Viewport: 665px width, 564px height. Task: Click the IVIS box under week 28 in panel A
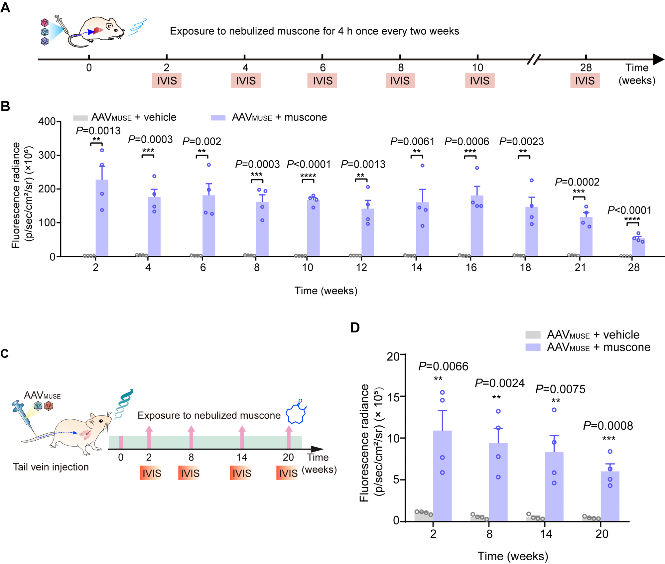pos(585,81)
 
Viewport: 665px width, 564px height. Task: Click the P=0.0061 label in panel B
pos(412,142)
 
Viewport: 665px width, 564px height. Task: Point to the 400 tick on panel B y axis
pos(47,121)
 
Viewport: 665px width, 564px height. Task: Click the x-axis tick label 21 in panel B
pos(580,267)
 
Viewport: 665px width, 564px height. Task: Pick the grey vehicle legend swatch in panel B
pos(80,118)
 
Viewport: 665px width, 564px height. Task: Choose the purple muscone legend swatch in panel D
pos(532,347)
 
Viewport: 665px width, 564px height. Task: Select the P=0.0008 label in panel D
pos(608,426)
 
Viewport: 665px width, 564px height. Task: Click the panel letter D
pos(355,328)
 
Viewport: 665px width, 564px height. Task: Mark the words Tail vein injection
pos(51,467)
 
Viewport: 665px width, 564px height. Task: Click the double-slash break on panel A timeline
pos(534,60)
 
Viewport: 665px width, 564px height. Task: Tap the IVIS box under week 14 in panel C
pos(241,473)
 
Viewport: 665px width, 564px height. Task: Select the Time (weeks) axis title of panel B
pos(326,291)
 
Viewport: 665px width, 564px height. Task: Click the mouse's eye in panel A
pos(115,30)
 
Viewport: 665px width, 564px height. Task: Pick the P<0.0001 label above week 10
pos(309,164)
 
